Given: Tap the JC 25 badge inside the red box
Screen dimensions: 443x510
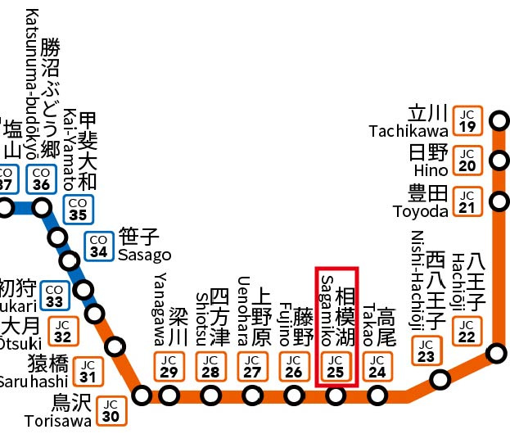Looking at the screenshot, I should coord(335,366).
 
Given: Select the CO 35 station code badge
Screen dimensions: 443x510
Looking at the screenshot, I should coord(79,209).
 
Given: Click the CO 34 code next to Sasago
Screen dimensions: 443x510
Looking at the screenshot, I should coord(99,246).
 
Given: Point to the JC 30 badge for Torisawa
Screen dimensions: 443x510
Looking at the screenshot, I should coord(111,409).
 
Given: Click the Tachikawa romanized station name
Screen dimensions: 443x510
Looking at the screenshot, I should coord(408,131).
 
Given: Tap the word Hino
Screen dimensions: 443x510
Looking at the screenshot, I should coord(431,170).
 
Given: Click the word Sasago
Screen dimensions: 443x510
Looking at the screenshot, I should coord(144,255).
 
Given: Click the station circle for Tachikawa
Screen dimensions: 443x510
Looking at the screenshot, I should coord(498,124).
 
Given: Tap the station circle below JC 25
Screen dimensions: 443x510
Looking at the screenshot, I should coord(335,396).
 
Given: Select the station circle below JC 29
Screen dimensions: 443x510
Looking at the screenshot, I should coord(169,396).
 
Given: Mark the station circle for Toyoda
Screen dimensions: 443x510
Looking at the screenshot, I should coord(498,200).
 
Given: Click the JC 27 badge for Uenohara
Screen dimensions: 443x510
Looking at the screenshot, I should coord(252,366).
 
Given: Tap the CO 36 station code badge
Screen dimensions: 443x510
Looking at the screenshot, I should coord(41,179).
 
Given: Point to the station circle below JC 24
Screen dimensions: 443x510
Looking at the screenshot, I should coord(377,396).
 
